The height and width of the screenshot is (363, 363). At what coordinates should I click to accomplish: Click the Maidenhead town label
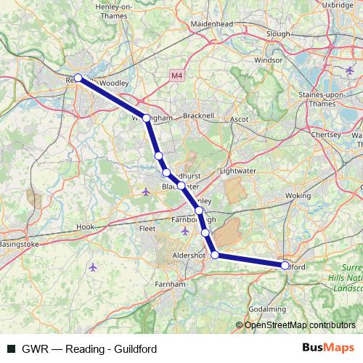[x=211, y=23]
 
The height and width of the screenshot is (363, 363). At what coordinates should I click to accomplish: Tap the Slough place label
[x=278, y=33]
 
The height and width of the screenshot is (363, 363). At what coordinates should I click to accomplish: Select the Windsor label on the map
[x=269, y=60]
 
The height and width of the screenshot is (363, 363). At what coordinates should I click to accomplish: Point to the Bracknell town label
[x=199, y=115]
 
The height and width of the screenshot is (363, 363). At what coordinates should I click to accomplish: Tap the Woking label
[x=298, y=195]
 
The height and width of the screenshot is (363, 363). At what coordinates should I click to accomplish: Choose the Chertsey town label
[x=325, y=134]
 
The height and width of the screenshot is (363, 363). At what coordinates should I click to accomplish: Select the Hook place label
[x=86, y=227]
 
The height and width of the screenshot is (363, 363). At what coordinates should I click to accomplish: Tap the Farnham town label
[x=171, y=285]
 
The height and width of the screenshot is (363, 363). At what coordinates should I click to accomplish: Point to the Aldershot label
[x=189, y=257]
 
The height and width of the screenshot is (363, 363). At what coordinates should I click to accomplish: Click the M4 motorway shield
[x=178, y=76]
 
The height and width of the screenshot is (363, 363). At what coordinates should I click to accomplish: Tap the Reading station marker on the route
[x=78, y=78]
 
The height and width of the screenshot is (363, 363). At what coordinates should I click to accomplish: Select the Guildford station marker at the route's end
[x=285, y=265]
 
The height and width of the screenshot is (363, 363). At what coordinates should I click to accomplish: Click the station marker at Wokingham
[x=147, y=118]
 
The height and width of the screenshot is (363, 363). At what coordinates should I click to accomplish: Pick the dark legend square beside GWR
[x=11, y=349]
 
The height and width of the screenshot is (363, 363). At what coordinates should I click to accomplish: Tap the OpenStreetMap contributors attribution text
[x=299, y=325]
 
